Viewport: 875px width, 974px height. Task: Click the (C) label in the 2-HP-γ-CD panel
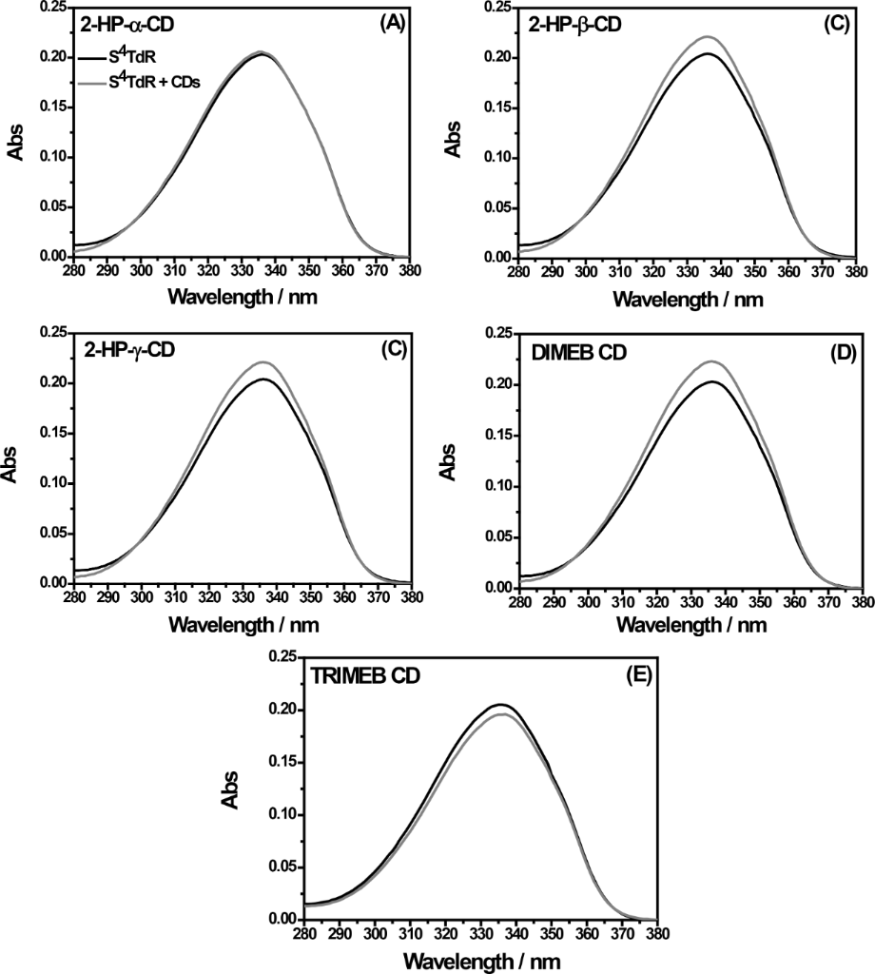[392, 348]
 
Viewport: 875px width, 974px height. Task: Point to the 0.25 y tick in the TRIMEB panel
[282, 657]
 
